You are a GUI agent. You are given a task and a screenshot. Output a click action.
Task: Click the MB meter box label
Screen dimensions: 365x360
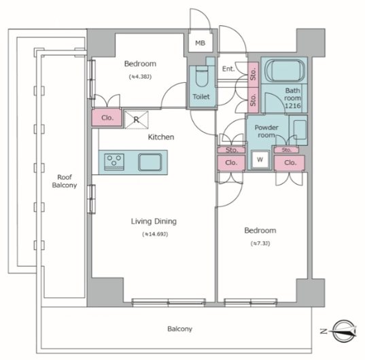(x=201, y=43)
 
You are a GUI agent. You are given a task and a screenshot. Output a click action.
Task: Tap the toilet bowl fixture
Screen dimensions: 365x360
(x=202, y=76)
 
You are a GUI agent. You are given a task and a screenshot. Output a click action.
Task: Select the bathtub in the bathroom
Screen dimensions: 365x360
(x=285, y=71)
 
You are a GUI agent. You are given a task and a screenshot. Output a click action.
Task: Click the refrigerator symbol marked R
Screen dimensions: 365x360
(x=137, y=120)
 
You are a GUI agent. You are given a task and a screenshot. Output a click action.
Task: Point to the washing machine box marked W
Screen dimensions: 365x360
(x=260, y=160)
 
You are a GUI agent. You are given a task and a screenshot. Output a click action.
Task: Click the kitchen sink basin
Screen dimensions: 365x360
(x=150, y=162)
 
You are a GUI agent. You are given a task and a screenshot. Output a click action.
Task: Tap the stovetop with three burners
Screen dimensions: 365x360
(x=114, y=162)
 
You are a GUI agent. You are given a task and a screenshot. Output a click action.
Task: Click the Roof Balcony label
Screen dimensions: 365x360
(x=65, y=181)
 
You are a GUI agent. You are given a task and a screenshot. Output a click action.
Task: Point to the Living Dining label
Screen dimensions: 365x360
(x=154, y=221)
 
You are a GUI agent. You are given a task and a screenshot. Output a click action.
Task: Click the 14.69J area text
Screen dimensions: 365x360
(x=155, y=234)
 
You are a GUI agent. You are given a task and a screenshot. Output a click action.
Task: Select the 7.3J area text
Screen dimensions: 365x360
(x=260, y=243)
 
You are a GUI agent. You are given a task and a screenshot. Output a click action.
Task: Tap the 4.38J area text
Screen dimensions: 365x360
(x=140, y=77)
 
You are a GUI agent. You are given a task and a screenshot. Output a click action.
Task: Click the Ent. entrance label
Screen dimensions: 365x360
(x=228, y=69)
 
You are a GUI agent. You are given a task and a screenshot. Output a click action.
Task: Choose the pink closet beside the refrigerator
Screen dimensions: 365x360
(x=107, y=118)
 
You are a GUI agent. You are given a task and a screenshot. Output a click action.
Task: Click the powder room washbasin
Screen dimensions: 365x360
(x=300, y=130)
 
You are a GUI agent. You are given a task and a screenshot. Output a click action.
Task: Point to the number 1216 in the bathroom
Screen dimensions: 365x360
(x=293, y=106)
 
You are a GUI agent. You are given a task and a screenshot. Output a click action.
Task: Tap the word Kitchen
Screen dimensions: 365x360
(x=161, y=137)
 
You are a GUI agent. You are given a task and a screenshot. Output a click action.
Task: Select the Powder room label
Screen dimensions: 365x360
(x=266, y=131)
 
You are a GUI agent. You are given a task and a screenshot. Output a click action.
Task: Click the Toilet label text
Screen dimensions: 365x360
(x=201, y=96)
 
